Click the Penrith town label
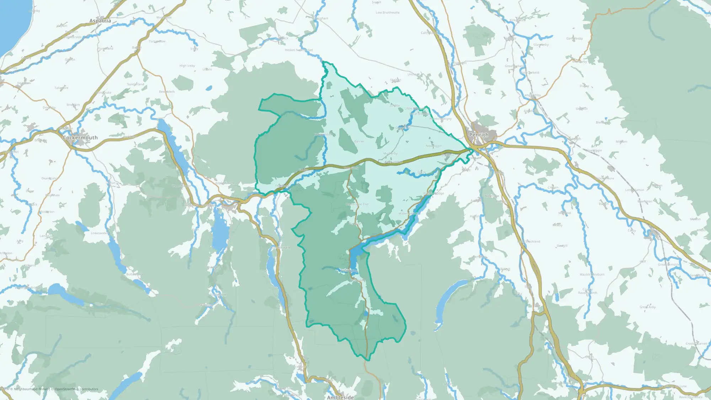pos(479,135)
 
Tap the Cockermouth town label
pos(80,138)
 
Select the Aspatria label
pos(100,21)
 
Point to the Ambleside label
pos(340,397)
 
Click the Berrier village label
pos(359,142)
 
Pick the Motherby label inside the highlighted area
pos(390,154)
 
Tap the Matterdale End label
pos(357,204)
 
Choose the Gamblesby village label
pos(574,38)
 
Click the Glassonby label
pos(541,45)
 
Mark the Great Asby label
pos(647,307)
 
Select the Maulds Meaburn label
pos(592,274)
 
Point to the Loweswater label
pos(100,233)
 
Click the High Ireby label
pos(187,66)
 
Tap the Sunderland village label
pos(135,84)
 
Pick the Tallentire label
pos(61,88)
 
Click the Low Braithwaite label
pos(387,13)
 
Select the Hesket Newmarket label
pos(299,50)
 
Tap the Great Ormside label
pos(668,265)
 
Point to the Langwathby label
pos(532,95)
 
